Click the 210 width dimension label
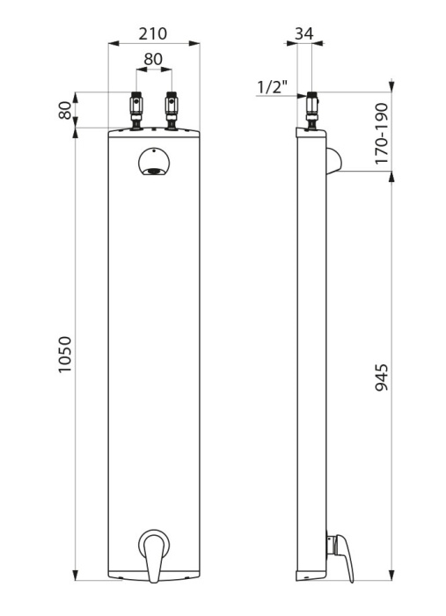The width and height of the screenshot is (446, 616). [153, 33]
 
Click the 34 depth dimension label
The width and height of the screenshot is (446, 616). [304, 33]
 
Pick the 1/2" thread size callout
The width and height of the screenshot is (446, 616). [273, 87]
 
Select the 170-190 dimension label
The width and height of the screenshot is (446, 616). [381, 134]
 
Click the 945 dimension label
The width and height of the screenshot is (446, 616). [381, 378]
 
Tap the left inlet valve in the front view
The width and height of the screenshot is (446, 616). [136, 111]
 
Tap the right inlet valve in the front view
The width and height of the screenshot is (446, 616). [172, 111]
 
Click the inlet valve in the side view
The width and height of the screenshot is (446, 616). [312, 111]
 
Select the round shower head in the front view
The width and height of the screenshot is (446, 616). [154, 161]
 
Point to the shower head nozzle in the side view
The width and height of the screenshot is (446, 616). [333, 161]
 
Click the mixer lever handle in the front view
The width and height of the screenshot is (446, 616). [154, 554]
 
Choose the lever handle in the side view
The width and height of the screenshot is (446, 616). [340, 556]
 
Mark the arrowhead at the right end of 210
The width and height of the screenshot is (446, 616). [194, 44]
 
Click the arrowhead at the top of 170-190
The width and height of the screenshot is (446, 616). [391, 85]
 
